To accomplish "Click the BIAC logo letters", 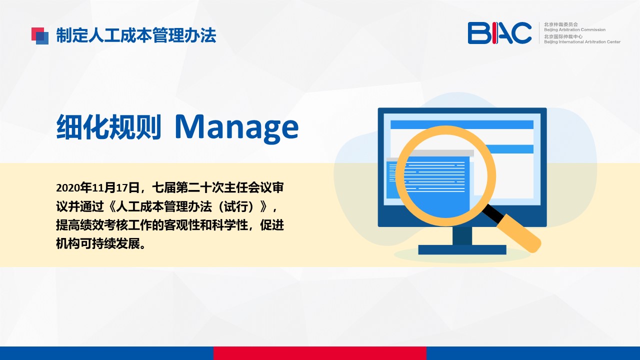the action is pyautogui.click(x=499, y=33).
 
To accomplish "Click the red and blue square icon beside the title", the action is pyautogui.click(x=40, y=36).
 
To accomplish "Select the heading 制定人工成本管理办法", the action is pyautogui.click(x=136, y=35).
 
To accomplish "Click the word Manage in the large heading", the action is pyautogui.click(x=237, y=127).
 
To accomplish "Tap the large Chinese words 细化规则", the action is pyautogui.click(x=109, y=126).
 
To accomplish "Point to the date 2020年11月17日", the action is pyautogui.click(x=97, y=187).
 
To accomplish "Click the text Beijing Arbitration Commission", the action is pyautogui.click(x=574, y=29).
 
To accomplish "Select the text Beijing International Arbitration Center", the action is pyautogui.click(x=582, y=41).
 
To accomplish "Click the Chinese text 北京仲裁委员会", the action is pyautogui.click(x=561, y=24).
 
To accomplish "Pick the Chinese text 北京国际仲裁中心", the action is pyautogui.click(x=563, y=36).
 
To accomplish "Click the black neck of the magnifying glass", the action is pyautogui.click(x=493, y=213).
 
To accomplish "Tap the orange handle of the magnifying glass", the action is pyautogui.click(x=519, y=233).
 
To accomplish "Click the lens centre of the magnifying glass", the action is pyautogui.click(x=445, y=175).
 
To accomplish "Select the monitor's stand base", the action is pyautogui.click(x=462, y=249).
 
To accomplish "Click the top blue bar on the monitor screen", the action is pyautogui.click(x=462, y=124).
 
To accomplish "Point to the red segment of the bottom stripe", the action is pyautogui.click(x=320, y=353).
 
